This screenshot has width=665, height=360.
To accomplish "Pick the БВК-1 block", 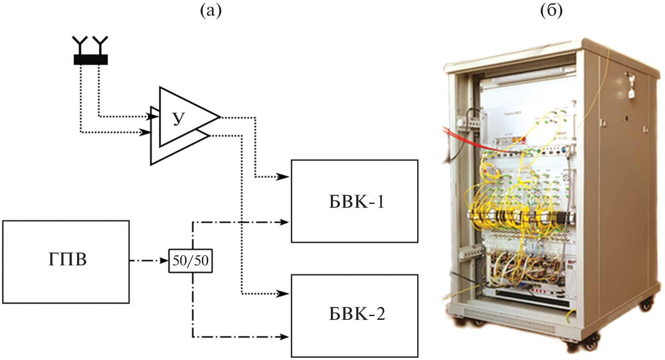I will pyautogui.click(x=354, y=201).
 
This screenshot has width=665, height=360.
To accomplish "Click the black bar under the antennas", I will pyautogui.click(x=90, y=59).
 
